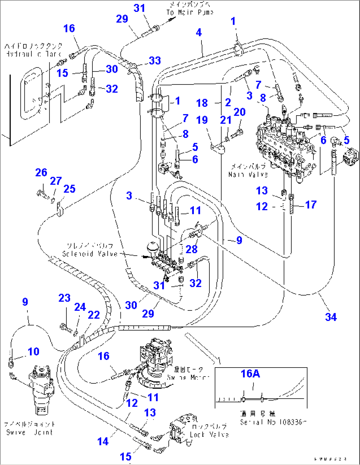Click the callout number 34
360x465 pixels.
point(331,317)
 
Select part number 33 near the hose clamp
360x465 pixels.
point(155,60)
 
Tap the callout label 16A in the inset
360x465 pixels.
point(250,374)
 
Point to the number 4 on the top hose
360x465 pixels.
point(198,32)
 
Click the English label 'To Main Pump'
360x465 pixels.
point(190,12)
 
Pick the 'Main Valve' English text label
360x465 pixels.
point(248,174)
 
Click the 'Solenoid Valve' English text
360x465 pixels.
point(90,254)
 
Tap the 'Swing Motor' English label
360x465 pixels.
point(188,377)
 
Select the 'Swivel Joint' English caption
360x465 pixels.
point(29,432)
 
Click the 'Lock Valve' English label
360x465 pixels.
point(209,435)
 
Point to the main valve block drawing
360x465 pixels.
point(284,145)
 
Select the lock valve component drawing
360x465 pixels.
point(180,429)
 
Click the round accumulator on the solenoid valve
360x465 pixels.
point(152,247)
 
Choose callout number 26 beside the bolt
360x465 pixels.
point(41,172)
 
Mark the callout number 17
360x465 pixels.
point(310,205)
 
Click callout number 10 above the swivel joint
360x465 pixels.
point(33,351)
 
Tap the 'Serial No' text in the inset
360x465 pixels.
point(253,422)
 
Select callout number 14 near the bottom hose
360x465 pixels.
point(103,441)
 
